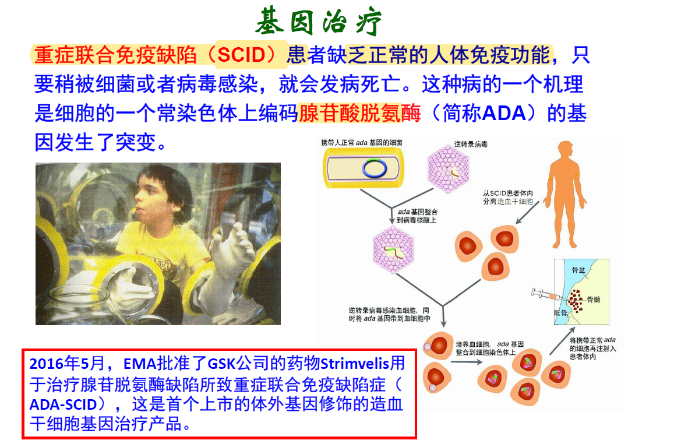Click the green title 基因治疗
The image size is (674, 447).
[318, 22]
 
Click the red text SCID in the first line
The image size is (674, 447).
[241, 55]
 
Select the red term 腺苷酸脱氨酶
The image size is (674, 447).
[359, 114]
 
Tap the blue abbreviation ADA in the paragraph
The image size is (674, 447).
[504, 114]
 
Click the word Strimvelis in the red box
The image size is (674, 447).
[355, 364]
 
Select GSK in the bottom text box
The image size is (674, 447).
[221, 364]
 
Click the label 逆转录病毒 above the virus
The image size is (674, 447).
[471, 144]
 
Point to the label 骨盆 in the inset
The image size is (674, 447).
[578, 270]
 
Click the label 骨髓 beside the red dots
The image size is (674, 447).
[594, 300]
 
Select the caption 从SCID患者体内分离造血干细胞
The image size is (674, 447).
[507, 198]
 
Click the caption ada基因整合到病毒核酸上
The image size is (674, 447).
[417, 216]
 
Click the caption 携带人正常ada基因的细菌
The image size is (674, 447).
[362, 142]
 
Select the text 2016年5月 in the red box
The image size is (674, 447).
[67, 364]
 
